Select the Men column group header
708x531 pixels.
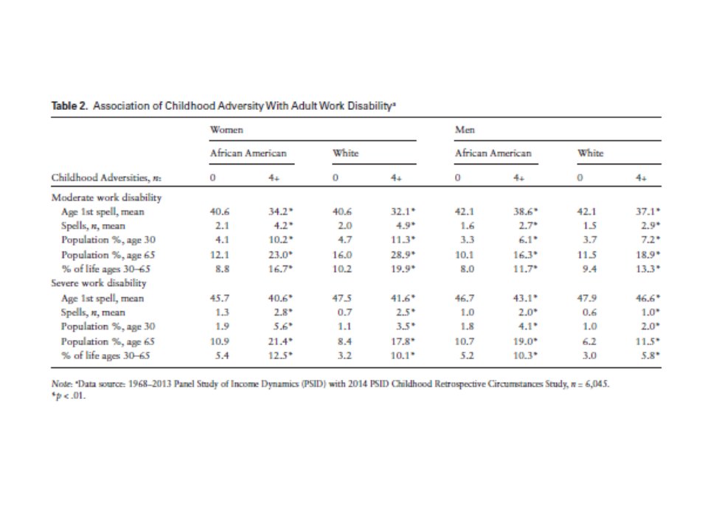465,130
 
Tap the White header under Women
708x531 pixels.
345,153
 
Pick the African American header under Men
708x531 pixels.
493,153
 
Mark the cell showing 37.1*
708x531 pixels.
647,212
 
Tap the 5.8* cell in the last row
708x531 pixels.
648,355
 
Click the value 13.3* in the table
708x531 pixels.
647,269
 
